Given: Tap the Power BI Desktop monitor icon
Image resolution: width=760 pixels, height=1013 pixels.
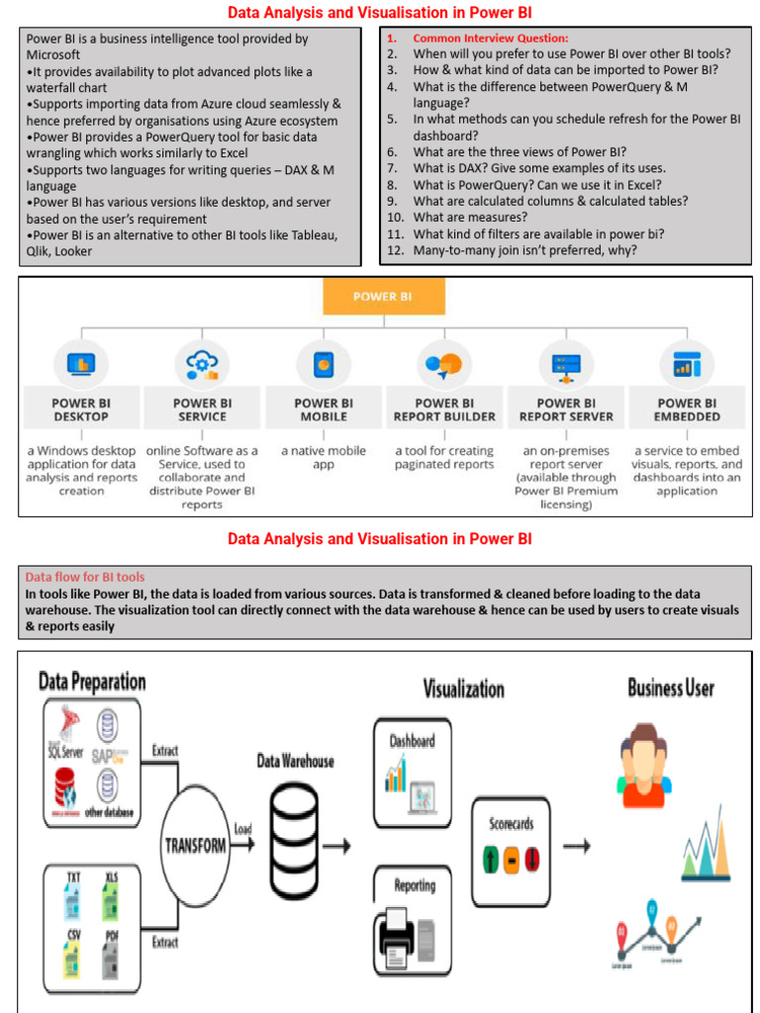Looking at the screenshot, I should point(81,364).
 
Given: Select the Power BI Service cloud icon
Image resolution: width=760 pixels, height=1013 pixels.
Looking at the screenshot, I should point(202,364).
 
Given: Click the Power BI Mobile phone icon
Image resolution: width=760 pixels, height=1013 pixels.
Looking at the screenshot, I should point(324,364).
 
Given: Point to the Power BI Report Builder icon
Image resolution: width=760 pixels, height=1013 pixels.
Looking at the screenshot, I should point(444,364).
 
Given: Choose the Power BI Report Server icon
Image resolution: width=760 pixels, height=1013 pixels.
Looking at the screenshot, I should point(565,364).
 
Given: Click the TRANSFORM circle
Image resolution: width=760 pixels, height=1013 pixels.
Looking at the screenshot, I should point(195,846).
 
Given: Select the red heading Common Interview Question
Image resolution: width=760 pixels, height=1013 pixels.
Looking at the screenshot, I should point(490,38).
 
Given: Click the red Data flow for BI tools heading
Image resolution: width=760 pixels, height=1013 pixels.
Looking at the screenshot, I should point(85,576).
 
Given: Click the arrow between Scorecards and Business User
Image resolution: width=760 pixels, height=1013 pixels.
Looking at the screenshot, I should point(577,846).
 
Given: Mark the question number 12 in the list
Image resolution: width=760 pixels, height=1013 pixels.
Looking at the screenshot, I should point(395,249).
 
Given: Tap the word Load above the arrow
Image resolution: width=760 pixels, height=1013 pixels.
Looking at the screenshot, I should point(242,829).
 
